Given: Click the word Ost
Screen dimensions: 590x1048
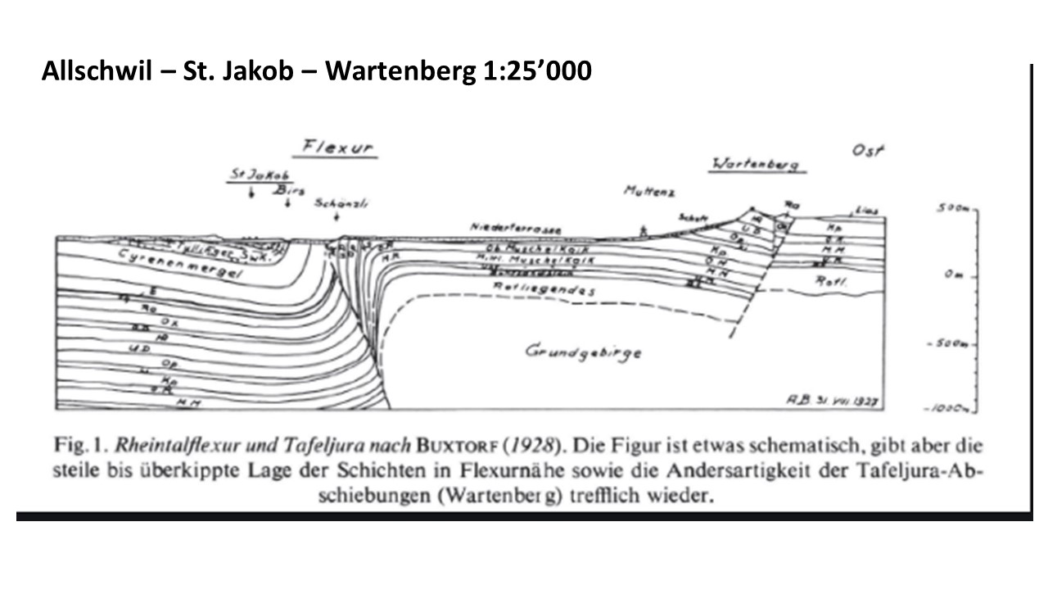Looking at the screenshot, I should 870,151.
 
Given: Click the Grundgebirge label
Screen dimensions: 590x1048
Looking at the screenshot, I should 583,352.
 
